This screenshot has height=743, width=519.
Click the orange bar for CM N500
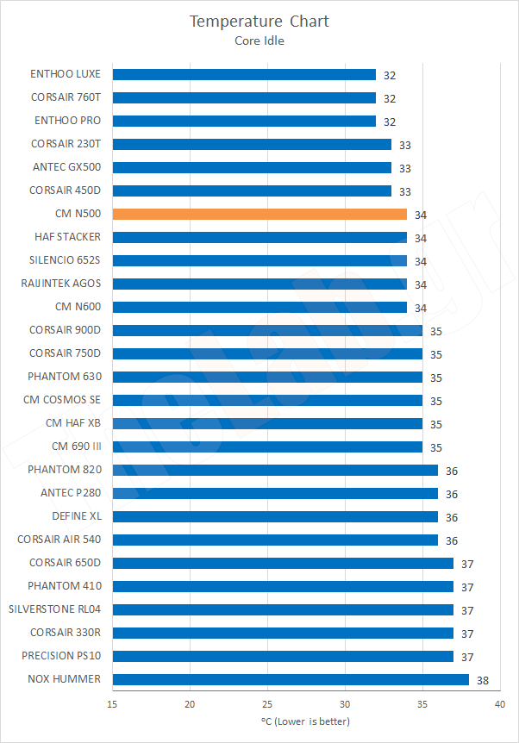pos(259,214)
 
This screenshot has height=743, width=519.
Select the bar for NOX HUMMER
pos(291,679)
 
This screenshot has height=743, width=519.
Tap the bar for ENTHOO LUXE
pos(244,74)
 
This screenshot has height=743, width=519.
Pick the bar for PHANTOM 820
pos(275,470)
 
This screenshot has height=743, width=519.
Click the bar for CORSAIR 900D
pos(267,330)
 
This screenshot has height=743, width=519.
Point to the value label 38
pos(483,680)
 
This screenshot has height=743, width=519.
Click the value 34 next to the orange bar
pos(421,215)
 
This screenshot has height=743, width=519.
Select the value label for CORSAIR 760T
pos(390,98)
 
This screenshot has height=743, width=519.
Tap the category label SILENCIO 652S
pos(65,260)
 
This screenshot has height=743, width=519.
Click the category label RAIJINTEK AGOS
pos(60,284)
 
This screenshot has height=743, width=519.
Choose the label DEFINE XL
pos(76,516)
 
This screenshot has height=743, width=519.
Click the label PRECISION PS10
pos(60,656)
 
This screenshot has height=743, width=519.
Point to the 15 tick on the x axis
pos(113,704)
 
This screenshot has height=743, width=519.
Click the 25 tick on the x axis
pos(267,704)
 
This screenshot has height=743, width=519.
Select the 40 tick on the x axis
pos(499,704)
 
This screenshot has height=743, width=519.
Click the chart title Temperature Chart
pos(259,21)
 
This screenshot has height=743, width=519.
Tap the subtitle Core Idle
pos(259,39)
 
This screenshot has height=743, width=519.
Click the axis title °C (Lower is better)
pos(305,721)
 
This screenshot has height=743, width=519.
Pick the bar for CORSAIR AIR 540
pos(275,540)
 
